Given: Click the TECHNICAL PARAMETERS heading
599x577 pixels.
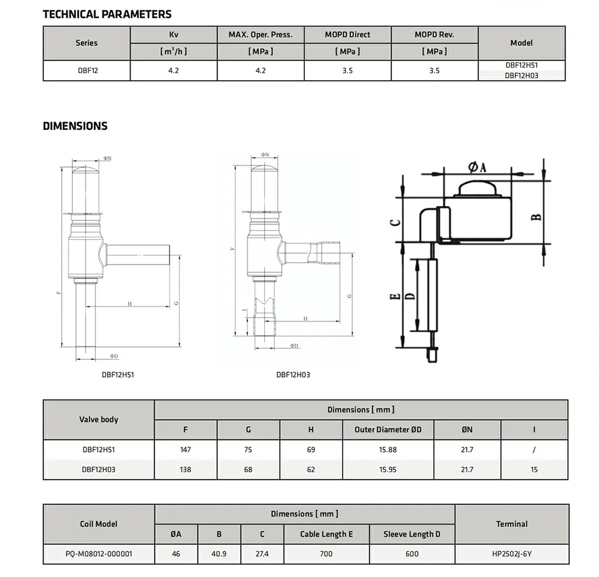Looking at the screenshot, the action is pos(107,14).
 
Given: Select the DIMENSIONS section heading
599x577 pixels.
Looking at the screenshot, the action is pos(75,126).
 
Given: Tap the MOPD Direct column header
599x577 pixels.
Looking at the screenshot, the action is pos(347,34).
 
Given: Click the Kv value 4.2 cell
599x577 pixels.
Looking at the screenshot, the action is pos(174,71).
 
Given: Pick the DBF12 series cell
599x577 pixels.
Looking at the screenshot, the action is pos(88,71).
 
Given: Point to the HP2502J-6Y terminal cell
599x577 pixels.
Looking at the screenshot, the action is pos(512,554).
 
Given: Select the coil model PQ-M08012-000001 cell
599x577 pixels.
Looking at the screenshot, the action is pos(99,554).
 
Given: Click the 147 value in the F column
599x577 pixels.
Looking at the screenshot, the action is pos(185,450).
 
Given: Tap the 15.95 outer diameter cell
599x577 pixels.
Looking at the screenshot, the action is pos(388,469).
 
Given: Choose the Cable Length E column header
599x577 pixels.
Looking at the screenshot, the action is pos(326,534).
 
